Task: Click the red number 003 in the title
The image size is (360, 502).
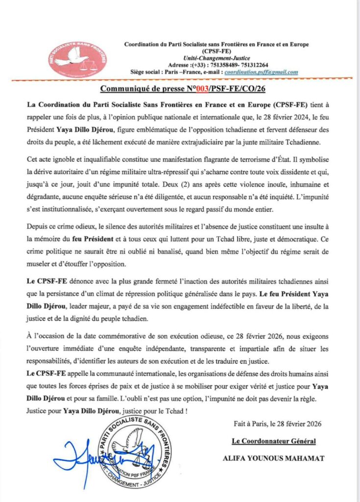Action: (x=198, y=88)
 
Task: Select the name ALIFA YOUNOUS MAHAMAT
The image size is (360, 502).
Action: (x=271, y=458)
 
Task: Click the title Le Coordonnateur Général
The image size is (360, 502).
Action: (x=274, y=441)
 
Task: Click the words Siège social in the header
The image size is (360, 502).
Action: (x=147, y=72)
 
